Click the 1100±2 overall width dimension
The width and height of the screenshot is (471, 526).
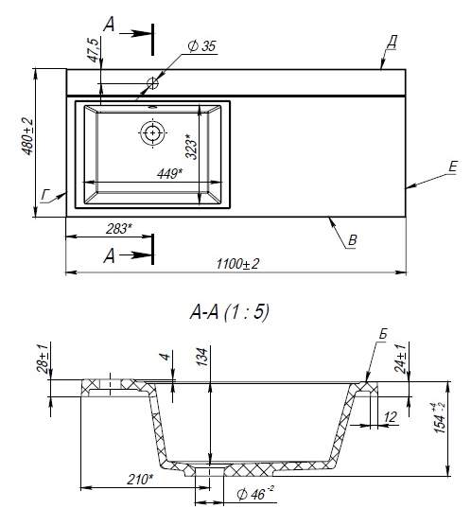point(237,264)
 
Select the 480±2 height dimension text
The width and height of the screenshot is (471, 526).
point(27,136)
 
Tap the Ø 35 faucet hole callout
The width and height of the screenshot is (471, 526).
point(202,46)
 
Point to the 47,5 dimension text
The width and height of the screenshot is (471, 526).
point(94,50)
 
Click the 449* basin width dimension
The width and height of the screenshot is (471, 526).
point(169,173)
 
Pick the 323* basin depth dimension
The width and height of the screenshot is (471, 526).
point(192,146)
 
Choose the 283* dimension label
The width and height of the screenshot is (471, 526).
point(119,228)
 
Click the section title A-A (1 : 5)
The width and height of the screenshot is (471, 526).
point(230,312)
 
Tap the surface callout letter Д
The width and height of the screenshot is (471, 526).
point(392,43)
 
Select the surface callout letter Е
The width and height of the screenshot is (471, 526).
point(453,167)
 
